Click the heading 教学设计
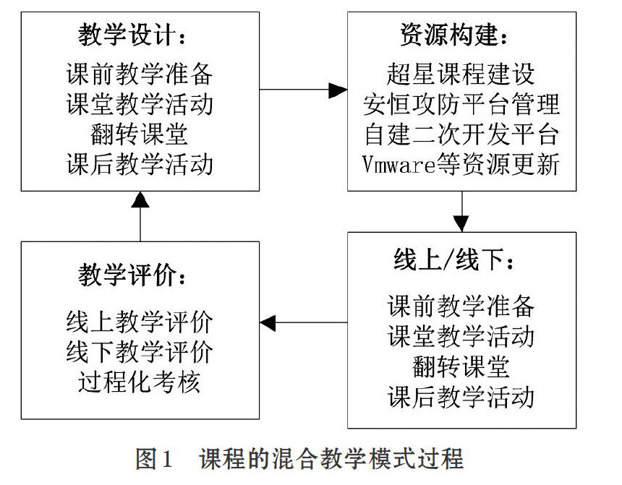coord(127,35)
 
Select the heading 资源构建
coord(449,35)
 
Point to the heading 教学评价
coord(127,275)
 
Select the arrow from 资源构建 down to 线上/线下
coord(461,211)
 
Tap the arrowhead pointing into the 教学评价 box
coord(268,322)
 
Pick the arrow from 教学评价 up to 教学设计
coord(140,217)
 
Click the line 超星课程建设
coord(461,74)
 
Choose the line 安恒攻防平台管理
coord(461,104)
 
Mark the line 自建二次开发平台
coord(461,134)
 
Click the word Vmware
coord(399,164)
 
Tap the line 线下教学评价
coord(140,352)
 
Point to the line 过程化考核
coord(139,382)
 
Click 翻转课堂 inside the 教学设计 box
coord(139,134)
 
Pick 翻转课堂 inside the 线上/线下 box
coord(461,366)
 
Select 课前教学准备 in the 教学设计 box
coord(140,74)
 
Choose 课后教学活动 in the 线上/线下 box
coord(461,396)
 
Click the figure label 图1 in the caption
coord(154,458)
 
